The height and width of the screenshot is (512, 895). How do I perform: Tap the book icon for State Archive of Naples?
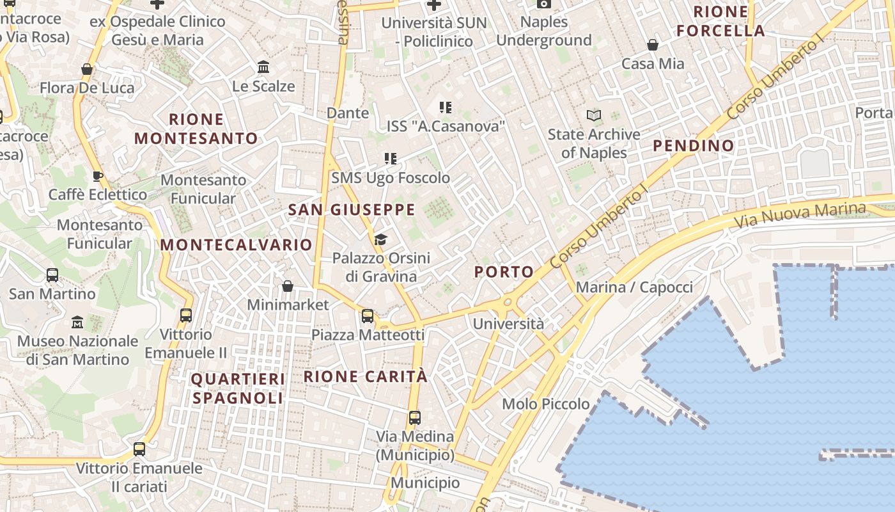(594, 116)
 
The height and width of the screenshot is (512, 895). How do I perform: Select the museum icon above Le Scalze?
(263, 67)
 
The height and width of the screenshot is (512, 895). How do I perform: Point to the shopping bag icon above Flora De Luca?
(87, 69)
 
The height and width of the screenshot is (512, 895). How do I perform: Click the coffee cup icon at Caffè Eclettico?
(98, 176)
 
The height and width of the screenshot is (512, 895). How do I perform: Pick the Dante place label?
(348, 113)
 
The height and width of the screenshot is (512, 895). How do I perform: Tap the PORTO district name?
(504, 272)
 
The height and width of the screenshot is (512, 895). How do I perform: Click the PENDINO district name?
(694, 146)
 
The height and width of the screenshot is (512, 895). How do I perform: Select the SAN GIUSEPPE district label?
(352, 210)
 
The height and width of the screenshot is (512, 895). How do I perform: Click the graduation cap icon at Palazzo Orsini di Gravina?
(381, 240)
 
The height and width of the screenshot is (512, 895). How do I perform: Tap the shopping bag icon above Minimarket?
(288, 285)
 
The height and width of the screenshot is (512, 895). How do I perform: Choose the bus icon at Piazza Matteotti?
(368, 316)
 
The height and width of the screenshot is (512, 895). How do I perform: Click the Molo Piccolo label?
(546, 404)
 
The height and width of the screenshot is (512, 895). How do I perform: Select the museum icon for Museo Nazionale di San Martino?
(77, 322)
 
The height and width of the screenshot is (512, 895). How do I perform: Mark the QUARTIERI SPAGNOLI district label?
(238, 388)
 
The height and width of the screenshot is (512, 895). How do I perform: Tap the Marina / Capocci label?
(634, 287)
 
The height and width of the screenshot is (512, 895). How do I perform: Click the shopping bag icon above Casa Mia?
(653, 45)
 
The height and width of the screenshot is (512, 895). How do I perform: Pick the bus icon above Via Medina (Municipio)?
(415, 418)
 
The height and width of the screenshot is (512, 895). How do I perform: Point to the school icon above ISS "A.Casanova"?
(446, 108)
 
